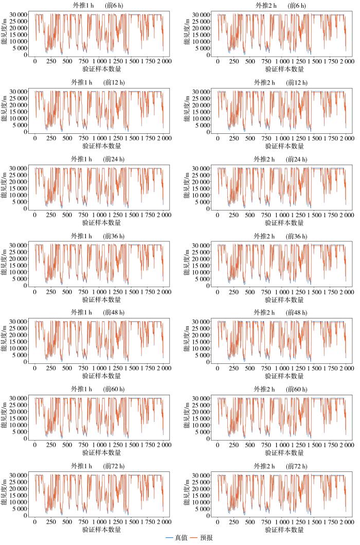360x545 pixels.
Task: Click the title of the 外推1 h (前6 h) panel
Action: point(99,6)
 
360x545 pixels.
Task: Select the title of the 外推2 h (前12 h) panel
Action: point(281,83)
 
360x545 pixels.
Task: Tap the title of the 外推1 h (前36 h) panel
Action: point(98,236)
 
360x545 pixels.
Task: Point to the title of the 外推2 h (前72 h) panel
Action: point(281,466)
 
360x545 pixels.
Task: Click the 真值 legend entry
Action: point(176,538)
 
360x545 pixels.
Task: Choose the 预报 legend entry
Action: point(202,538)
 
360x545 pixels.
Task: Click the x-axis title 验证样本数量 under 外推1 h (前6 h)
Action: point(102,69)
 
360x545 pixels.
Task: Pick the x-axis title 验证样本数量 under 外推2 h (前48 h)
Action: point(284,376)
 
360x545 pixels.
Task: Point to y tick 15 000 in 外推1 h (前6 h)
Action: point(19,35)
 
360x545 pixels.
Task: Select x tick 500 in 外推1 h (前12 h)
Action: point(67,138)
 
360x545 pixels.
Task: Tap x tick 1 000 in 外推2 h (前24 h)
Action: point(282,215)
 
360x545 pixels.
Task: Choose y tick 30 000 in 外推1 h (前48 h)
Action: point(19,322)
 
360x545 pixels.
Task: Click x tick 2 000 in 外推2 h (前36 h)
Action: point(347,292)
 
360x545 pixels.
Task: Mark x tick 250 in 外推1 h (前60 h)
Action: point(51,445)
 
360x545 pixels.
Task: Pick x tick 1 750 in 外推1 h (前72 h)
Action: point(148,522)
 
